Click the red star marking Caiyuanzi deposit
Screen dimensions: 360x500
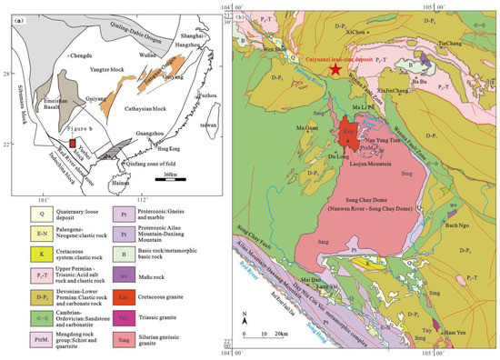[337, 70]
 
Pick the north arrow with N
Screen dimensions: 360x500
[245, 318]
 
